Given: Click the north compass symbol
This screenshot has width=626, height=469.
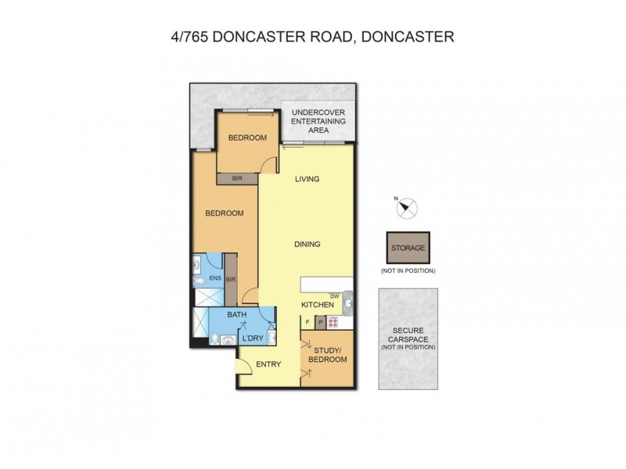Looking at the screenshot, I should tap(408, 208).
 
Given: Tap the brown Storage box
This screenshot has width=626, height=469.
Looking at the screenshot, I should tap(408, 248).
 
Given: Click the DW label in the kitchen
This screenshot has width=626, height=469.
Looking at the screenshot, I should tap(334, 295).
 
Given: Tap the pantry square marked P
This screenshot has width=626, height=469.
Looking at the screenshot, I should tap(320, 321).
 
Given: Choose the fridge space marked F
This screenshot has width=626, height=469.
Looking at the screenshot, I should tap(307, 321).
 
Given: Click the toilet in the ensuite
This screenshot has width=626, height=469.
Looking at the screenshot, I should tap(198, 279).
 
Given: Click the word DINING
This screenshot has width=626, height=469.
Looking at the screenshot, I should tap(308, 244).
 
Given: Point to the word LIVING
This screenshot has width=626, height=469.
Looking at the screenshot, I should tap(307, 179).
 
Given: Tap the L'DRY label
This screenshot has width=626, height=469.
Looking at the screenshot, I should tap(251, 338).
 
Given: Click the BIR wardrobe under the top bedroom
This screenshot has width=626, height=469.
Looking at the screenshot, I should tap(237, 178).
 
